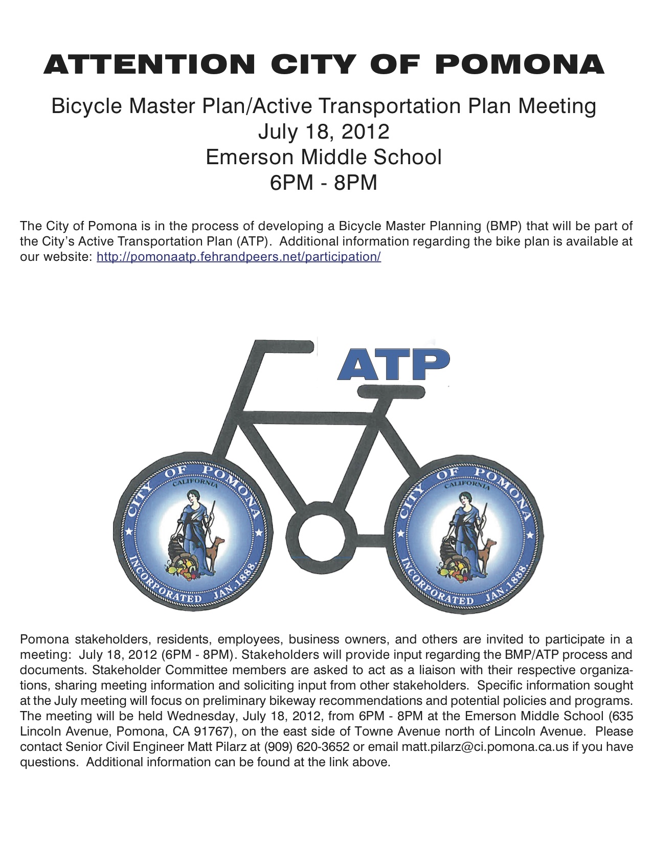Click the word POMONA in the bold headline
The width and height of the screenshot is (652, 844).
521,64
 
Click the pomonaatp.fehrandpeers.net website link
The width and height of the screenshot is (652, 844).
238,257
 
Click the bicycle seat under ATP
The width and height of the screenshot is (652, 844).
391,392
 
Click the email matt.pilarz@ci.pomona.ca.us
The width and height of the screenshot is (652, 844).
485,747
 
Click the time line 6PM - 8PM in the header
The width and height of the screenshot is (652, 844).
324,183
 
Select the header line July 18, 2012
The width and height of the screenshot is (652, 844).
324,131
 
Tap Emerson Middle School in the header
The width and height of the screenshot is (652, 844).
324,157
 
